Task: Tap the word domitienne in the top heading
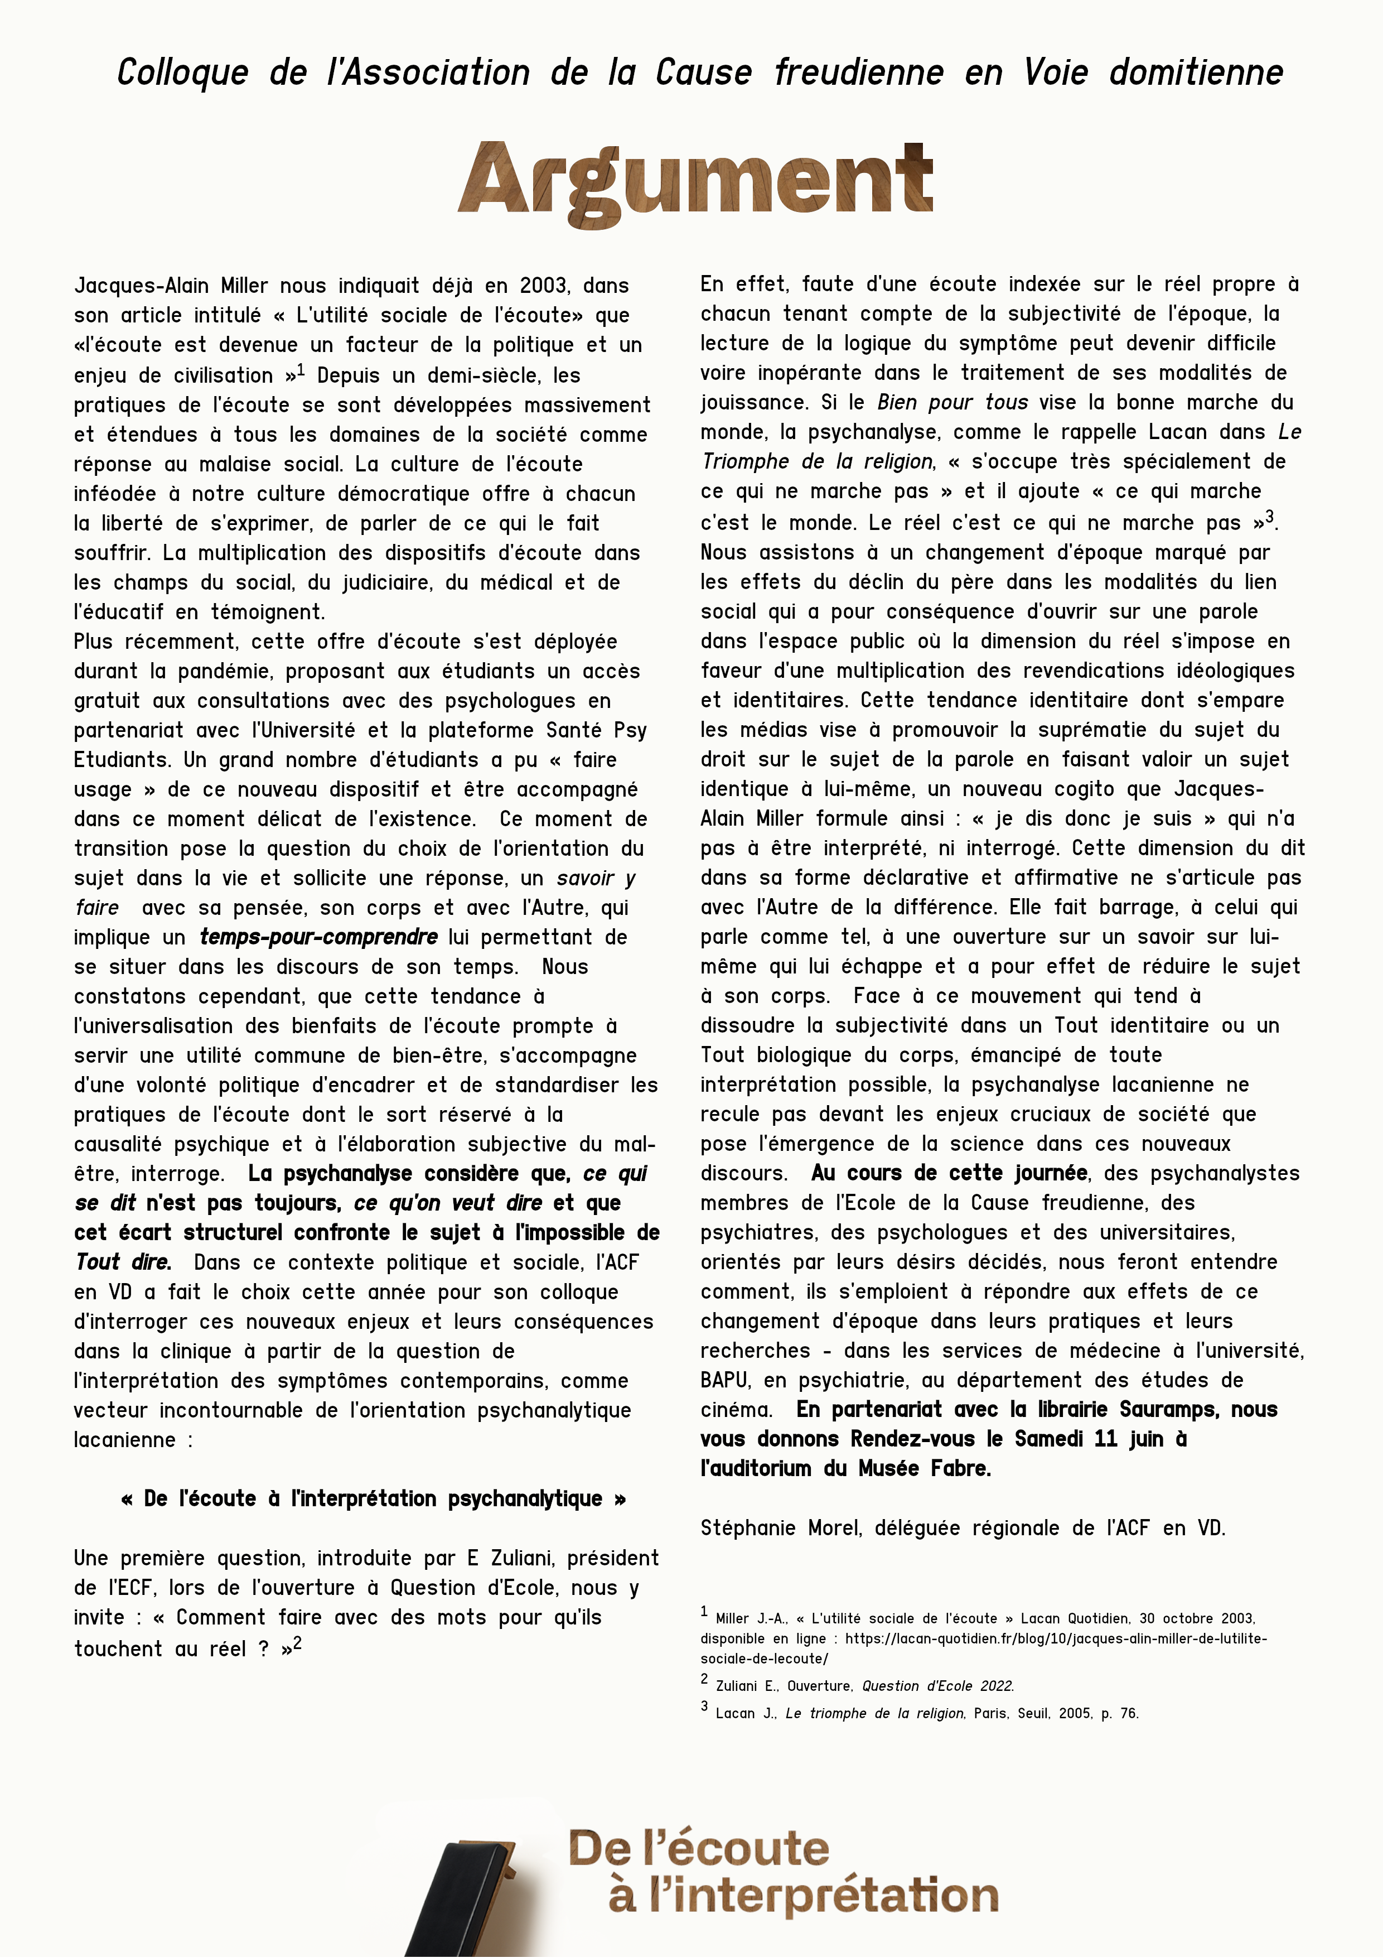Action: (x=1196, y=73)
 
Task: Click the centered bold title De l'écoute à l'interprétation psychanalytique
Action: (x=373, y=1498)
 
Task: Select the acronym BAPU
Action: (x=724, y=1380)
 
